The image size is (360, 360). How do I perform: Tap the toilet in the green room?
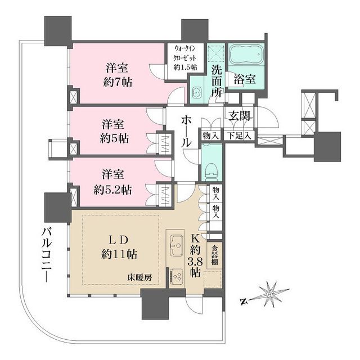tap(211, 169)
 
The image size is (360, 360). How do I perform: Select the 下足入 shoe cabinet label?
tap(240, 136)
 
